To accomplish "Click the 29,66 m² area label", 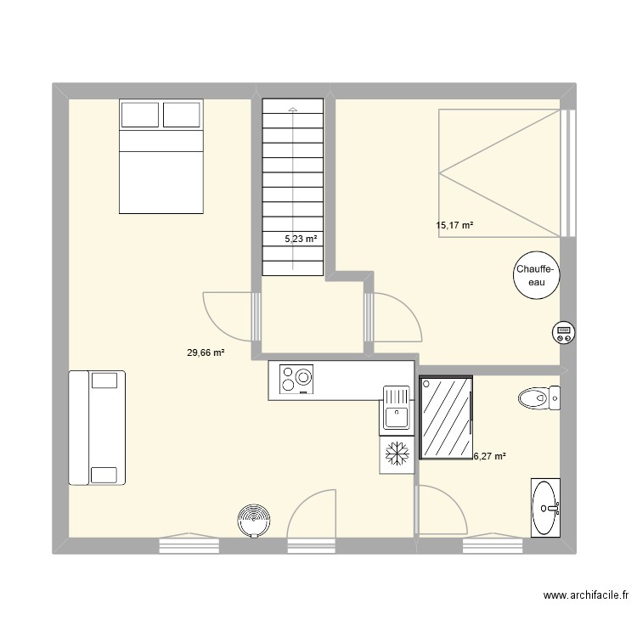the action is click(206, 352).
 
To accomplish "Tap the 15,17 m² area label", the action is click(454, 225).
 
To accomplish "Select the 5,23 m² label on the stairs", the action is click(301, 239).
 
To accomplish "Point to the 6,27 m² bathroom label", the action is click(489, 456).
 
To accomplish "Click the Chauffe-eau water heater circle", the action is click(536, 275).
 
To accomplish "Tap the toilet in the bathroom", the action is click(539, 398).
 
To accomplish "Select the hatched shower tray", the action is click(446, 417).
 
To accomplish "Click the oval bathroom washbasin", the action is click(545, 507).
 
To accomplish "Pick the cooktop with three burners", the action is click(296, 380).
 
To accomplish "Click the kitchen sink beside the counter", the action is click(396, 408).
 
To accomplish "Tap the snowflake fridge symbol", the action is click(397, 454).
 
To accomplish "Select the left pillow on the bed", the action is click(140, 115).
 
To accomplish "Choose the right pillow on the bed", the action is click(182, 115).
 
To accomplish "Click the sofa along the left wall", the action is click(97, 428).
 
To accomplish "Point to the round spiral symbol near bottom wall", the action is click(254, 521).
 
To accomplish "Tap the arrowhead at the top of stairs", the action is click(293, 109).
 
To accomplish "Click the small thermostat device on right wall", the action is click(563, 333).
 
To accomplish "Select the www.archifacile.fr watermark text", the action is click(586, 595).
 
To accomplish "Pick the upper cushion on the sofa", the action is click(104, 381).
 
